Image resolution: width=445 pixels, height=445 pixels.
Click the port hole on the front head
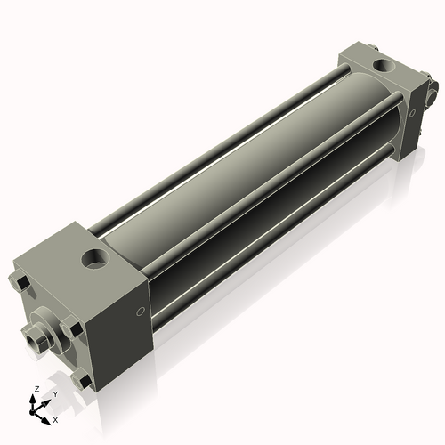coord(94,260)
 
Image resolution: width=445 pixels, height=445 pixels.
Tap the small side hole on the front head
coord(140,311)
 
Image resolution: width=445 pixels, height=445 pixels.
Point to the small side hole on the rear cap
coord(413,112)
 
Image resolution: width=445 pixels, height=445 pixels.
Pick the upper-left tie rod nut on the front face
coord(20,283)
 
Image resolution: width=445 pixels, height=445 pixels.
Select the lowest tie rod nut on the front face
coord(85,382)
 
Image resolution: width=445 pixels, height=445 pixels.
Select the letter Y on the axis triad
coord(55,393)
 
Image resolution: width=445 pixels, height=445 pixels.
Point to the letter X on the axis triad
coord(56,418)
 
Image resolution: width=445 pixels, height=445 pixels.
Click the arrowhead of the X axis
coord(48,416)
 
